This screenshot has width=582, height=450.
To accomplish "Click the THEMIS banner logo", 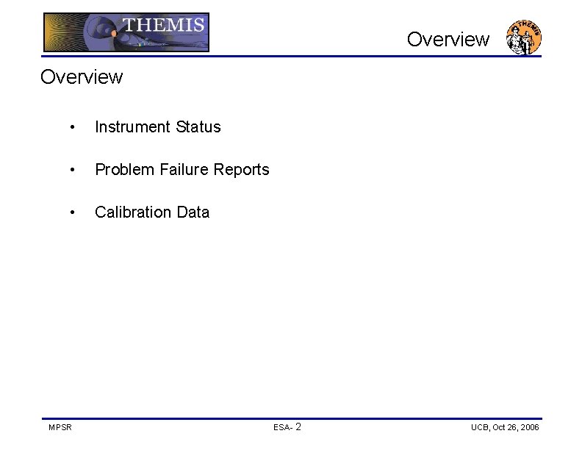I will [x=126, y=33].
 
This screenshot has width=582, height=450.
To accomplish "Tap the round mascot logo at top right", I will [x=524, y=37].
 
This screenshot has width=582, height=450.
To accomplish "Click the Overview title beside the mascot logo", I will [x=448, y=39].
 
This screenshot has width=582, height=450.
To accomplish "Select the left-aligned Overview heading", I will [x=82, y=76].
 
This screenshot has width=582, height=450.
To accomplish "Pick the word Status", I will [x=198, y=127].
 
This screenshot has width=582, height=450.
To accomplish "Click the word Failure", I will [x=180, y=170].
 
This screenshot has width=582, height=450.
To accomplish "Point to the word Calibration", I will [x=129, y=213].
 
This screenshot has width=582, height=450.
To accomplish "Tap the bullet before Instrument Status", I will [x=71, y=128].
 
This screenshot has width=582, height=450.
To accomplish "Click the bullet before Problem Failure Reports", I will [x=71, y=171].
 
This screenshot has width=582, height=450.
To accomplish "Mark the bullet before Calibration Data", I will [x=71, y=213].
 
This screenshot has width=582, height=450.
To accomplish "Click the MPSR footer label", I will [x=60, y=427].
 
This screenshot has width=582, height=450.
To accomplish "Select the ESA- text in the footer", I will [x=284, y=427].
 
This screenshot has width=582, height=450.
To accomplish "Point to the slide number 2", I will [x=298, y=426].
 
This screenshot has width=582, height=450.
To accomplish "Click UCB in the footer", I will [x=480, y=427].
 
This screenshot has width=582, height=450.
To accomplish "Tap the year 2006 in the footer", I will [x=529, y=427].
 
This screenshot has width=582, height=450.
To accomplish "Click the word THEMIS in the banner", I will [x=163, y=25].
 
